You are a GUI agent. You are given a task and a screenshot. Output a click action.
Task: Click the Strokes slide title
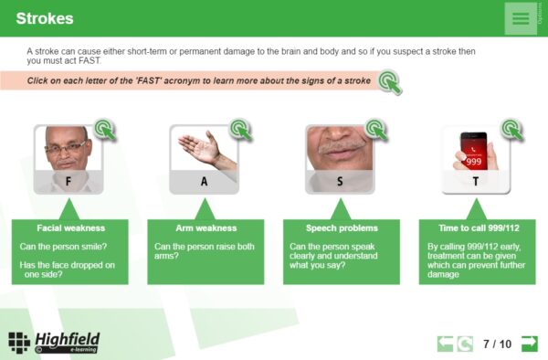45,18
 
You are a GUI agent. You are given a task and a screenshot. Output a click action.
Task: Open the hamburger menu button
521,18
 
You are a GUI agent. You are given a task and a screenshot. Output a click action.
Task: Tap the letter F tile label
68,182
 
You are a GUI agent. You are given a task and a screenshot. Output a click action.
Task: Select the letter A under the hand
204,182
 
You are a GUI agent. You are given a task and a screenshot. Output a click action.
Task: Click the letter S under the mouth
340,182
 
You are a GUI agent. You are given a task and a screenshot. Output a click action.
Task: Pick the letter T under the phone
476,182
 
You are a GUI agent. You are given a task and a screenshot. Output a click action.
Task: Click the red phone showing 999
473,151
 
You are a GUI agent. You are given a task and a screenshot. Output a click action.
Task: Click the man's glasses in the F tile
66,148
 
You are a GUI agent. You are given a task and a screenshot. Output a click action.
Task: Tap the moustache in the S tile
340,147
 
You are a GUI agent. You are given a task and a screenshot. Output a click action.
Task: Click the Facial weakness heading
71,228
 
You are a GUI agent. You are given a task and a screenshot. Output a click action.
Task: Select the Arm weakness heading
206,228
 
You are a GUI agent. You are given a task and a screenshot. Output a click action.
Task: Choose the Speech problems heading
342,228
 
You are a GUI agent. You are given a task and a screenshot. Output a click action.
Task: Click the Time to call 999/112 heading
479,228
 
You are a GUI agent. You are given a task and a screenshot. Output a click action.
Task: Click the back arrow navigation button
445,344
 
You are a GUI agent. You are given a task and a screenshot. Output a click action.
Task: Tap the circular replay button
465,344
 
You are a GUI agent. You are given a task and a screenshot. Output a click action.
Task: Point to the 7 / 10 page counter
497,344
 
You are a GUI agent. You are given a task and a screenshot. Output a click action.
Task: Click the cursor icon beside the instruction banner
389,82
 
